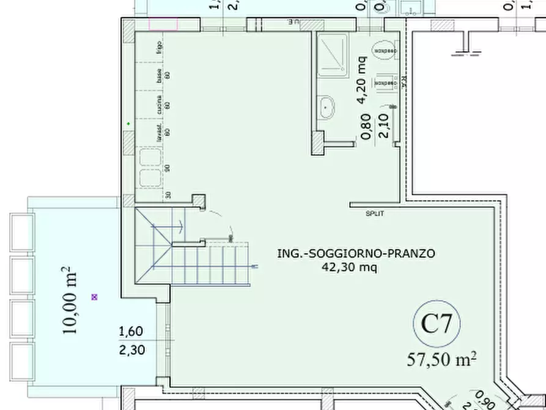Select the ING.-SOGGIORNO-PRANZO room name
(x=356, y=253)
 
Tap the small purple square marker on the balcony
(x=94, y=297)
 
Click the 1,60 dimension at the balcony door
(x=130, y=332)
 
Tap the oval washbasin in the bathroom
(x=329, y=108)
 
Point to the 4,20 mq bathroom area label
(x=362, y=72)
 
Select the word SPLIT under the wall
(x=375, y=214)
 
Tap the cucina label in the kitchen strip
(x=159, y=104)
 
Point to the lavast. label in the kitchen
(x=159, y=131)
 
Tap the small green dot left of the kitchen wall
(x=128, y=124)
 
